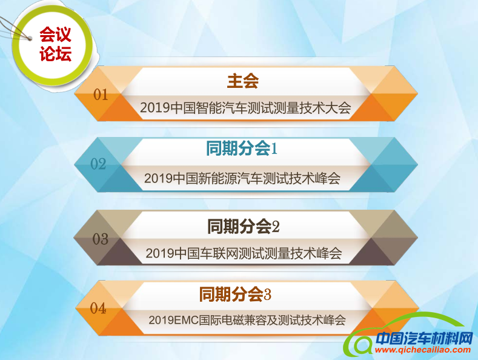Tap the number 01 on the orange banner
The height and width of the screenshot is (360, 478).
click(x=101, y=95)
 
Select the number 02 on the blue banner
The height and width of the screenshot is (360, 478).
click(x=98, y=164)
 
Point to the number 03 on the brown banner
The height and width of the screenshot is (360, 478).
click(x=100, y=238)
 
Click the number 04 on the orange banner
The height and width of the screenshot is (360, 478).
click(x=98, y=308)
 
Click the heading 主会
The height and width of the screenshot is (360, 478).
click(x=243, y=80)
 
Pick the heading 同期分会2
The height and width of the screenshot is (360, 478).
click(x=244, y=227)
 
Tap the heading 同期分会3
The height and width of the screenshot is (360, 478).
click(x=235, y=295)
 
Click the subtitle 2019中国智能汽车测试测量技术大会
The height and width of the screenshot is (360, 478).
click(x=245, y=108)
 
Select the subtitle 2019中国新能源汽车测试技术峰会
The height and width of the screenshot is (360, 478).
click(x=243, y=179)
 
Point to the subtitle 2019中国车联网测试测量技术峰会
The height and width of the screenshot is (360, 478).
click(x=244, y=253)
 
